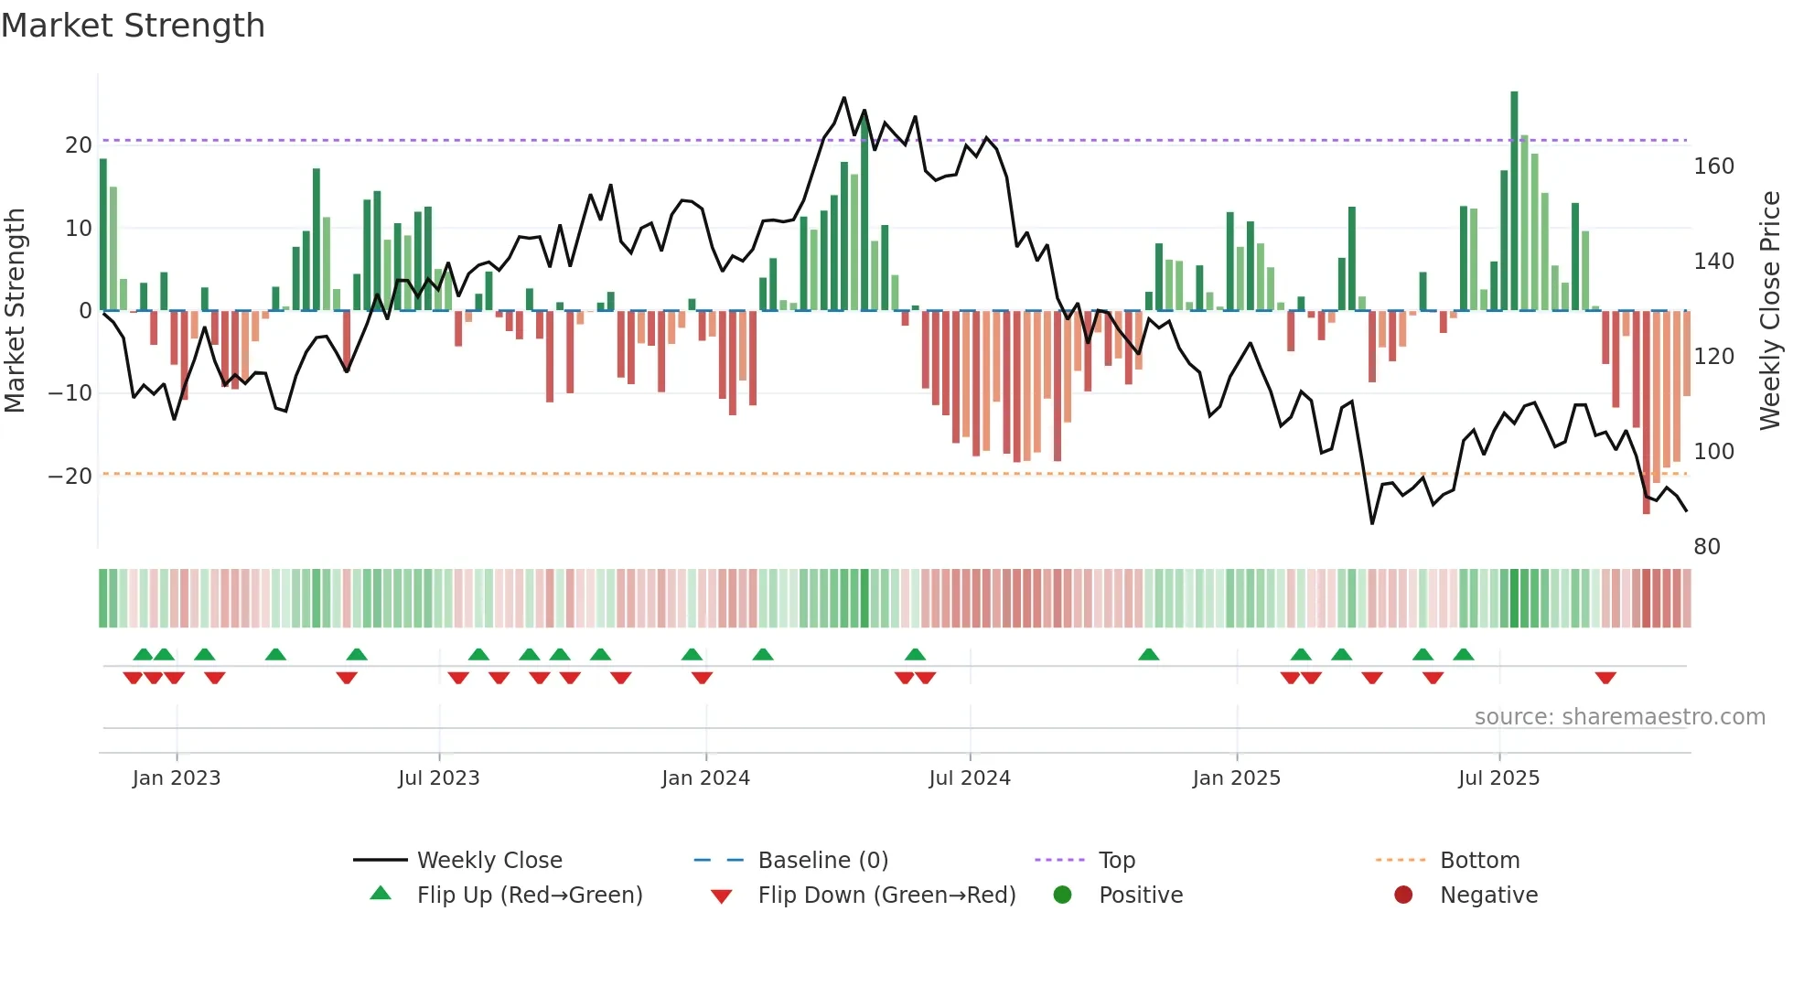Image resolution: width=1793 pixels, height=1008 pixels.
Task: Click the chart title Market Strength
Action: click(133, 26)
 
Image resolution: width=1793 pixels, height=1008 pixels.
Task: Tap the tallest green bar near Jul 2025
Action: click(1514, 201)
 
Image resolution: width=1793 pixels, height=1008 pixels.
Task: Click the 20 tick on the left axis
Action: click(79, 145)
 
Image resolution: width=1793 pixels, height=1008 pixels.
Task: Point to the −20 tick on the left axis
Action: click(70, 477)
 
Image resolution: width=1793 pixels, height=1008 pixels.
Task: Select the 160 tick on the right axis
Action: click(1713, 166)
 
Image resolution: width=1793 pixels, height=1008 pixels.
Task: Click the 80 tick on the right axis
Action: click(1707, 547)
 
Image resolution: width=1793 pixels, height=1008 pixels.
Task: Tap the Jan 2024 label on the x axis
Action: click(705, 778)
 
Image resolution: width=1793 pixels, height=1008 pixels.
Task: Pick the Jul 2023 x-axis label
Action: click(438, 778)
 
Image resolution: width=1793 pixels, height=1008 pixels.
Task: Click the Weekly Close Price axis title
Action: click(1769, 311)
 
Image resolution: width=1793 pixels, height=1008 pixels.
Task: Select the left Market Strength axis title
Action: click(16, 311)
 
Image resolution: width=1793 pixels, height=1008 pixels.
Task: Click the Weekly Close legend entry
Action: click(489, 861)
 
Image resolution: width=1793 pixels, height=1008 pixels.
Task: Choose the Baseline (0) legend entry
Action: click(822, 861)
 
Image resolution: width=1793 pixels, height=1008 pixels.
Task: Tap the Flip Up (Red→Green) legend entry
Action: click(529, 895)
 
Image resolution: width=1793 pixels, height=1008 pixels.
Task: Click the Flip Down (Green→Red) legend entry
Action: click(886, 895)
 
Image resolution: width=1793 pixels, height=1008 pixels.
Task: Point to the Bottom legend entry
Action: click(1479, 861)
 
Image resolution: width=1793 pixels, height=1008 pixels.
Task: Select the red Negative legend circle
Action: click(1403, 895)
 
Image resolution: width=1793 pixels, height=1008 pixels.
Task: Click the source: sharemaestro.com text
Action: click(1619, 717)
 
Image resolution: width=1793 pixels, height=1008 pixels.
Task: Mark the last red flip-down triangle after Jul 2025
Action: click(1605, 678)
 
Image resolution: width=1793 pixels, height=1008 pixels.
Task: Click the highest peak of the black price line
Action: click(843, 98)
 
